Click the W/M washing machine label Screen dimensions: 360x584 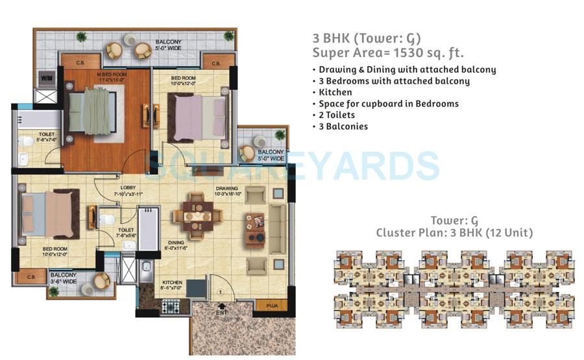tap(47, 78)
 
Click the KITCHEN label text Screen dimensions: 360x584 tap(172, 283)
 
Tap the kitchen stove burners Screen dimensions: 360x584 tap(172, 306)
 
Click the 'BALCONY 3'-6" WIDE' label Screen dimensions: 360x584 tap(64, 278)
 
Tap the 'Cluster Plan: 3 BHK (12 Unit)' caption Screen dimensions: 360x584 tap(454, 233)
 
